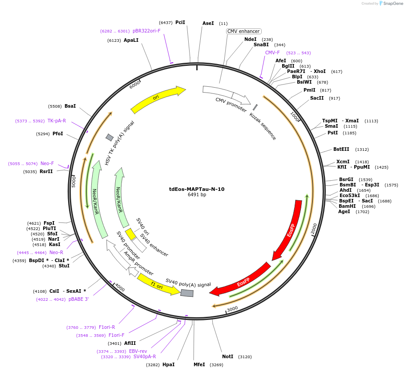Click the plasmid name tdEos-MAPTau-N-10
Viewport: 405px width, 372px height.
197,189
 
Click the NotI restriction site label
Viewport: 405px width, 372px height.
227,357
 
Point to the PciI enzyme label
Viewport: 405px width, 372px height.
180,22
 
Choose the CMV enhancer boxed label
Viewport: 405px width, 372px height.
243,31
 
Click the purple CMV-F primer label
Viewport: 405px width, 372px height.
272,53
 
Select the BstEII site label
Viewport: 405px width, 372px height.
341,150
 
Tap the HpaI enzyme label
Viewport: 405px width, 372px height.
168,365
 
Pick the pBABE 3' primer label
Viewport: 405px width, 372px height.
78,299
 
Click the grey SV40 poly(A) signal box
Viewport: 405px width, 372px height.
187,293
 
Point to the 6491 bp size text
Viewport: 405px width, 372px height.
197,195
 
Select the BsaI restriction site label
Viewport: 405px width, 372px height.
70,106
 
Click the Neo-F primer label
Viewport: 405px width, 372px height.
47,163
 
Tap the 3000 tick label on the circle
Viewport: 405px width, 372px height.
232,309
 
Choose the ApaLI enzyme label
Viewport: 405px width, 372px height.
131,40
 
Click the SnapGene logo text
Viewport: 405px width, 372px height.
393,4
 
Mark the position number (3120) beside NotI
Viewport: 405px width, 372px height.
245,357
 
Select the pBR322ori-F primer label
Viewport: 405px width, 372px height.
146,31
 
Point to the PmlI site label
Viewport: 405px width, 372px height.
309,90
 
